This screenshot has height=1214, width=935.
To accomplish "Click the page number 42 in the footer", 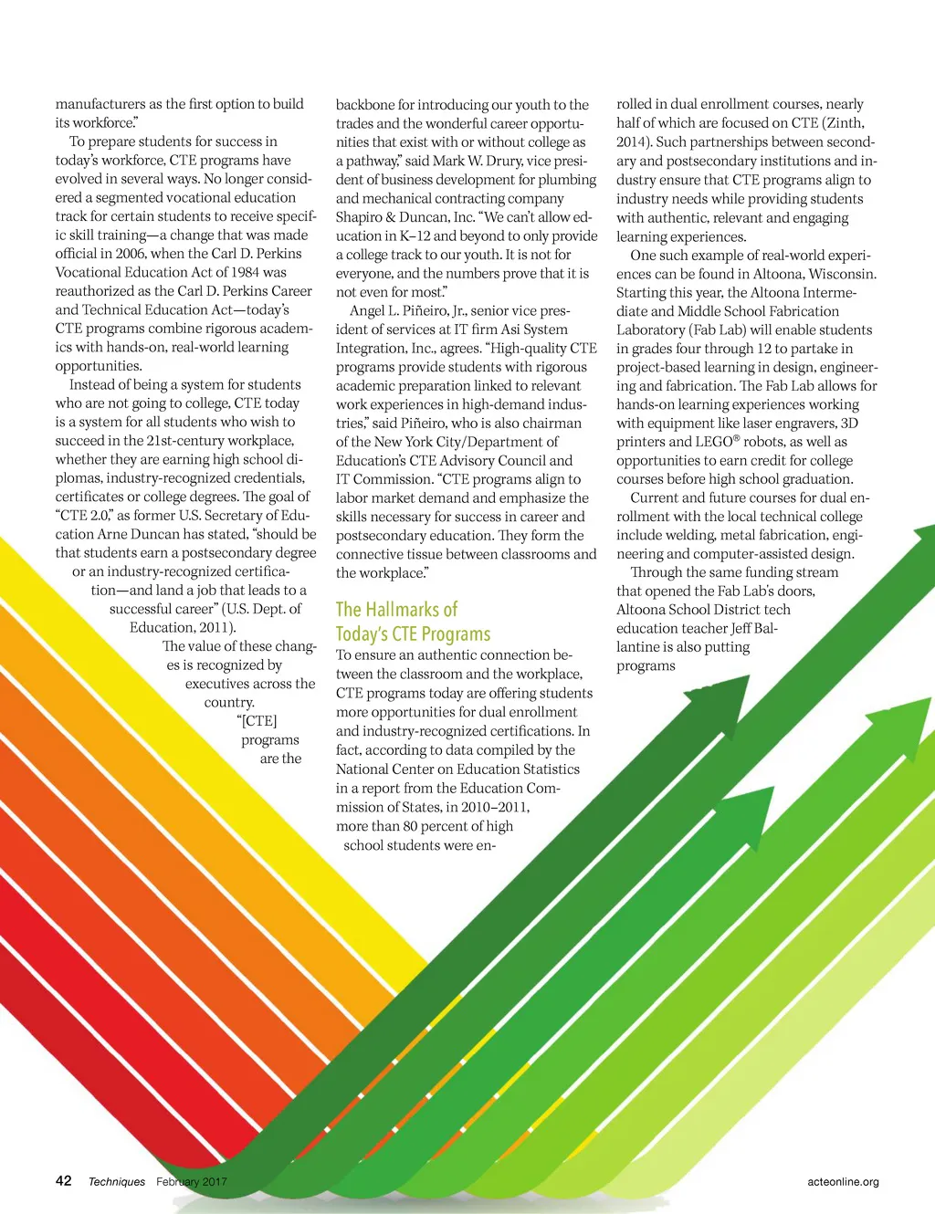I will (x=64, y=1180).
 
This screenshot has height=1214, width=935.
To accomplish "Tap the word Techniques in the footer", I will (x=116, y=1182).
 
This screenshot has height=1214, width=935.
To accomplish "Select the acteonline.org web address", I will (x=843, y=1182).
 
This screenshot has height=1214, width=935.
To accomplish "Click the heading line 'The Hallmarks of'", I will (x=396, y=610).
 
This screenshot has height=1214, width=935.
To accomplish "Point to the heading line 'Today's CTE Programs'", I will (x=413, y=634).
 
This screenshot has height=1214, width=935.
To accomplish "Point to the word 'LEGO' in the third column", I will (x=713, y=442).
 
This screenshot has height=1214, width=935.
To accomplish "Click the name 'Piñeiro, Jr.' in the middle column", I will (x=427, y=310).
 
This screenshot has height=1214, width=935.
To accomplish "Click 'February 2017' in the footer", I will (x=191, y=1182).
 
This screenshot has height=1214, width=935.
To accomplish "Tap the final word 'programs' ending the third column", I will (x=646, y=666).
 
